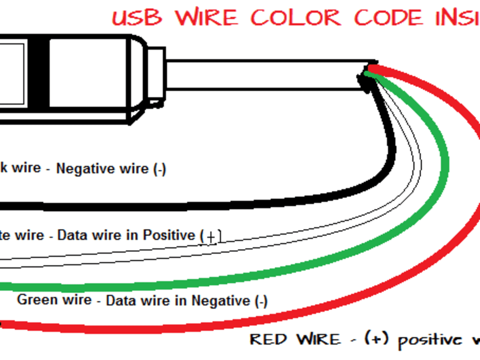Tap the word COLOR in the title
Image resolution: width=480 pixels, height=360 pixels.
point(296,18)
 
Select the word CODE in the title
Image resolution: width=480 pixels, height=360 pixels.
point(390,18)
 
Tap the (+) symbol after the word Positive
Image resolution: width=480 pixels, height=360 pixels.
point(210,237)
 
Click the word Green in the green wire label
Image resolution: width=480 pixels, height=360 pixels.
point(37,299)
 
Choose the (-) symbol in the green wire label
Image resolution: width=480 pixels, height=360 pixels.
point(261,301)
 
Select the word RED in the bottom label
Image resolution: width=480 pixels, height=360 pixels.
point(268,339)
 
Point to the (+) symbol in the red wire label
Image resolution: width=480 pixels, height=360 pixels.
point(375,339)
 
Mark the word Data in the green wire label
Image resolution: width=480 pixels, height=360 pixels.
point(120,300)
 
